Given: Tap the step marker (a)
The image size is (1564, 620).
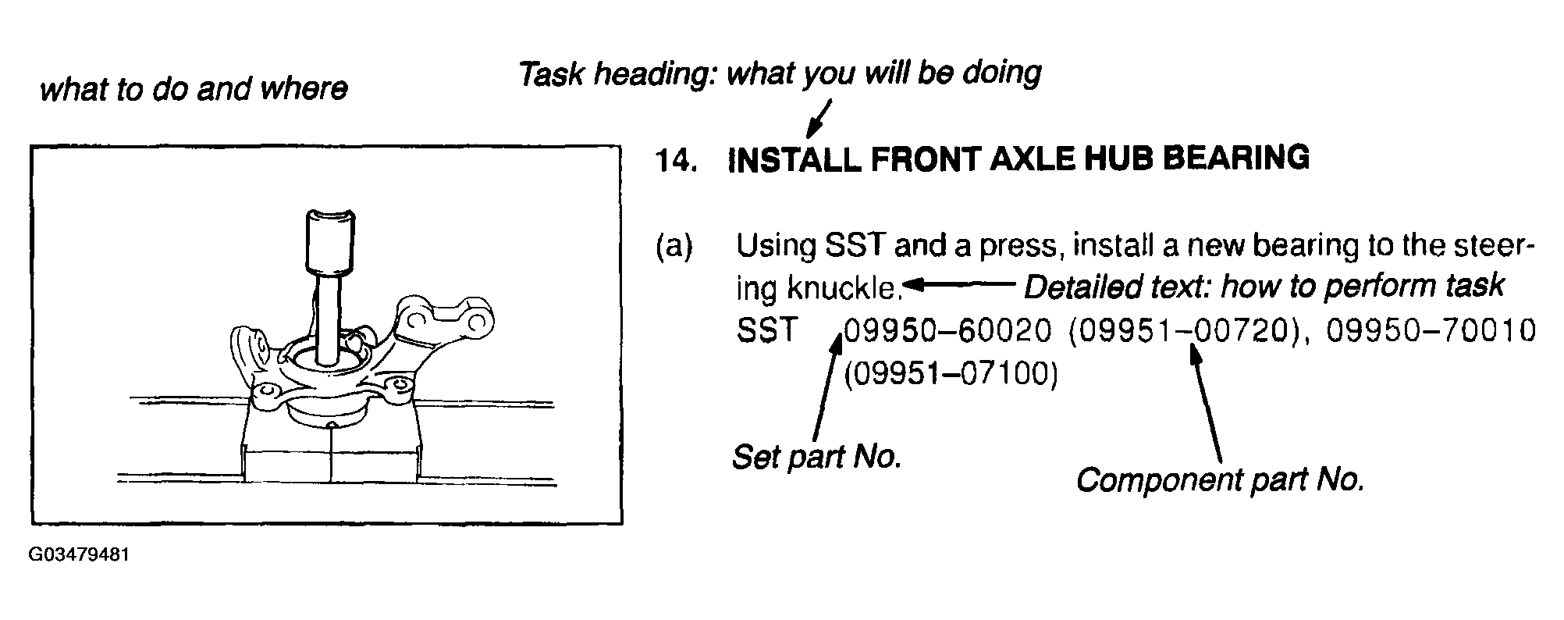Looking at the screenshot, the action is click(x=674, y=248).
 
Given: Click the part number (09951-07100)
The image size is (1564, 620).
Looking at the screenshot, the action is click(x=951, y=375).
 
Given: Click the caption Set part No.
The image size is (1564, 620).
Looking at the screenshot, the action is click(x=817, y=457).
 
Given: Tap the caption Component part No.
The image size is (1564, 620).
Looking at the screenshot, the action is click(x=1220, y=479).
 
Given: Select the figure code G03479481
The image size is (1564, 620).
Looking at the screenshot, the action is click(x=79, y=555).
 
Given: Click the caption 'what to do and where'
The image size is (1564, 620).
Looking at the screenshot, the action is click(x=194, y=89).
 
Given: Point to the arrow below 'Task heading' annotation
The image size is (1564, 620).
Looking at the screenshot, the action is click(x=819, y=117).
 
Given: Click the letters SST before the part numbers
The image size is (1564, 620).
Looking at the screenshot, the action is click(x=767, y=331).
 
